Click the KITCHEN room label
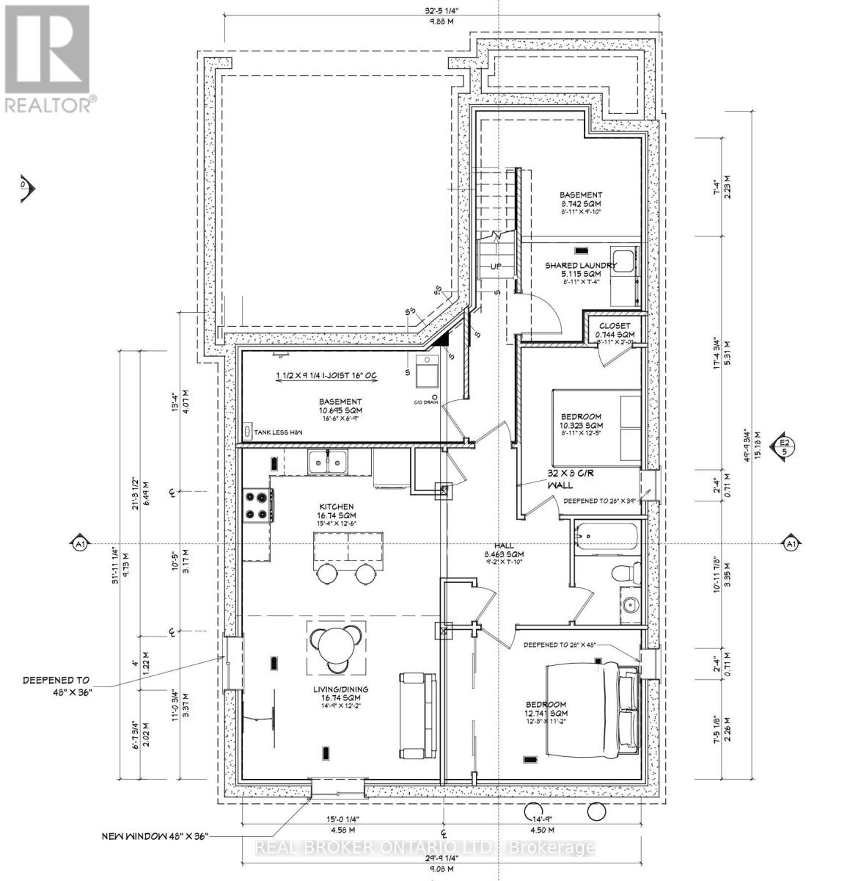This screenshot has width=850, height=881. coord(337,507)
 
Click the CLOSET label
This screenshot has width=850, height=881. coord(614,326)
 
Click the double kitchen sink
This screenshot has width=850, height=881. coord(327,461)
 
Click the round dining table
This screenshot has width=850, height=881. coord(337,647)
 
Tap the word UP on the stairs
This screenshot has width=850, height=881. coord(497,266)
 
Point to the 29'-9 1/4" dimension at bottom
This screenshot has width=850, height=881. coord(444,859)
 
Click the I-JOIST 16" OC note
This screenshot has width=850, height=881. coord(326,376)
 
